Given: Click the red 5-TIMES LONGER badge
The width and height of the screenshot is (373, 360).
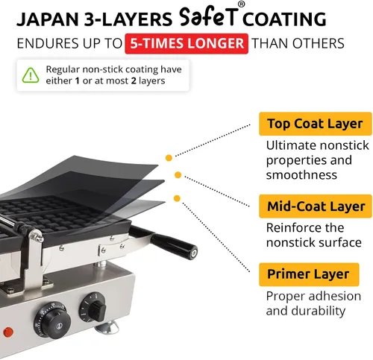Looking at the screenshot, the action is click(x=186, y=43).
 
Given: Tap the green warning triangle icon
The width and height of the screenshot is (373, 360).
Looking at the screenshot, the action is click(x=31, y=75).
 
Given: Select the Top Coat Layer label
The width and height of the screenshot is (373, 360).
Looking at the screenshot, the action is click(x=316, y=124).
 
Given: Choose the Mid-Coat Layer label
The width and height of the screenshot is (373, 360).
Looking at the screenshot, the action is click(x=316, y=206).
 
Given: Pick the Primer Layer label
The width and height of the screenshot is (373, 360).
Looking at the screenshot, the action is click(x=309, y=274).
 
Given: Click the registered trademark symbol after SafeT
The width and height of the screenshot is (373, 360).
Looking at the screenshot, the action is click(x=241, y=4).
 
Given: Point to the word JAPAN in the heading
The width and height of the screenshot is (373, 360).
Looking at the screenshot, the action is click(x=48, y=19).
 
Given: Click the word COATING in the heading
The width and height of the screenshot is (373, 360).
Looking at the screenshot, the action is click(x=284, y=19).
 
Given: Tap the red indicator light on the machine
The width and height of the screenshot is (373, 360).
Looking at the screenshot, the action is click(x=8, y=332).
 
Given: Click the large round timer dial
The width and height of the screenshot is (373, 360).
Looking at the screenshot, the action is click(x=53, y=320).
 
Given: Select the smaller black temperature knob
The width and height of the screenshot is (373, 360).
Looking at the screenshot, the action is click(x=93, y=308).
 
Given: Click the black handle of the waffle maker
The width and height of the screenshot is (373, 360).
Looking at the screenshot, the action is click(x=173, y=245).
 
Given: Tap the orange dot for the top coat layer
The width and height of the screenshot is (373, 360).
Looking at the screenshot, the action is click(x=169, y=158).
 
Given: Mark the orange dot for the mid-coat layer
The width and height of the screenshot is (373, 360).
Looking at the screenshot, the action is click(x=178, y=175).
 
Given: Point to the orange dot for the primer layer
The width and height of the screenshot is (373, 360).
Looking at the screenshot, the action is click(x=177, y=198).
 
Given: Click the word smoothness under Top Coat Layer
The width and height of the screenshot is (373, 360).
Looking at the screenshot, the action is click(x=301, y=175).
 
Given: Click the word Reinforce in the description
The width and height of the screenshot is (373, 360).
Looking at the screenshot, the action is click(x=291, y=227).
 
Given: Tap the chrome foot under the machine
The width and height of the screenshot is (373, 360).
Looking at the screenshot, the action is click(x=107, y=327).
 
